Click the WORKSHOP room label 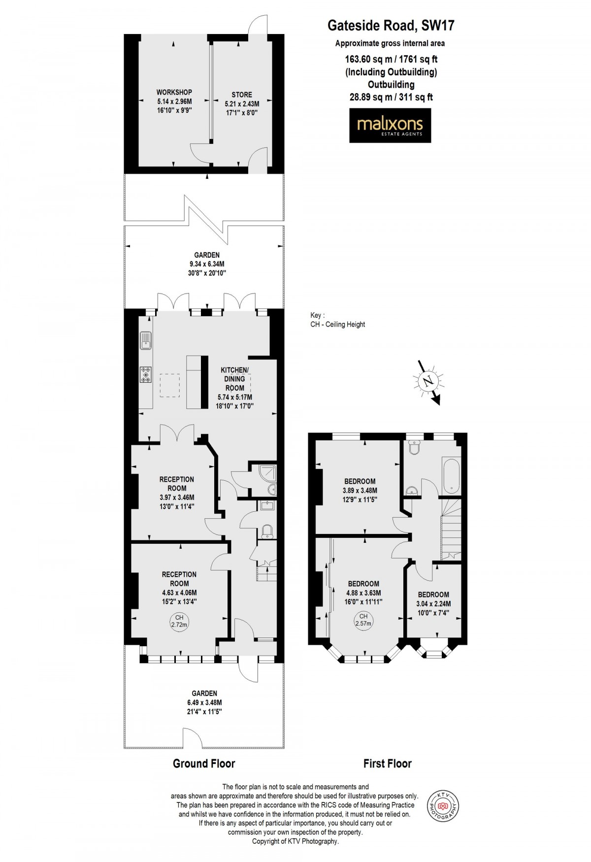[x=174, y=92]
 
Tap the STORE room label [x=242, y=95]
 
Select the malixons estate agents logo [x=390, y=125]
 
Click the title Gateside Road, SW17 [x=391, y=25]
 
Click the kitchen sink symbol [x=146, y=340]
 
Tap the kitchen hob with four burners [x=146, y=374]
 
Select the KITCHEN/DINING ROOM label [x=234, y=379]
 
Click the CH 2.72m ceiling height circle [x=179, y=621]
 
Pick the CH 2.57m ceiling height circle [x=363, y=620]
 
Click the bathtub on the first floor [x=451, y=476]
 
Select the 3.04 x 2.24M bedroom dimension [x=434, y=604]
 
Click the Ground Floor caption [x=204, y=763]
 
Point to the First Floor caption [x=388, y=763]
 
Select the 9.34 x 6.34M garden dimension [x=207, y=264]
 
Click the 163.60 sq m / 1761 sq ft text [x=391, y=59]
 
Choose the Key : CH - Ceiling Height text [x=338, y=320]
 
